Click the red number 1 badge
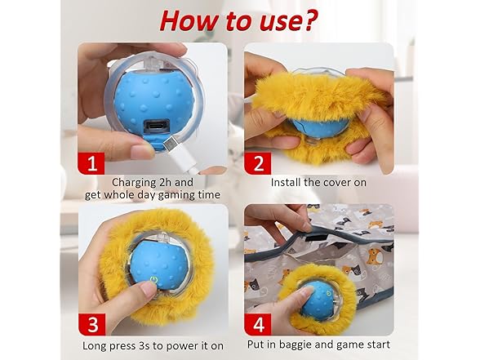coord(92,162)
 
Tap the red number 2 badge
coord(258,162)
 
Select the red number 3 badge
coord(92,324)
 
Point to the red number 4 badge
coord(258,324)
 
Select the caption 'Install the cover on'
coord(318,182)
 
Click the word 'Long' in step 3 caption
coord(100,344)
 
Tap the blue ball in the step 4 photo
coord(319,299)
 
